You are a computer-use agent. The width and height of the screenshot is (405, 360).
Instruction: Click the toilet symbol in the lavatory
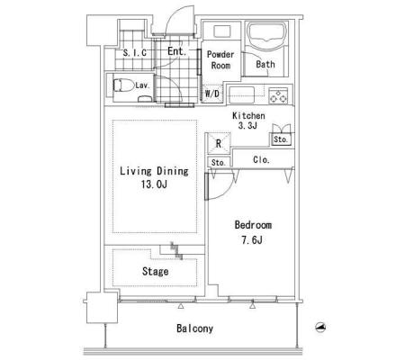pyautogui.click(x=123, y=85)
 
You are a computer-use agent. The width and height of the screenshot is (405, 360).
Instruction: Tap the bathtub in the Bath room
pyautogui.click(x=266, y=35)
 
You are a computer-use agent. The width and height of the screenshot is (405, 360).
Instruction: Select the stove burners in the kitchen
pyautogui.click(x=278, y=95)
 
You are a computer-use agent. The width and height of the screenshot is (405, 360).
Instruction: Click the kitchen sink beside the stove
pyautogui.click(x=242, y=95)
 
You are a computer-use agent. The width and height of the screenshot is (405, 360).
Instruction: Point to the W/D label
pyautogui.click(x=212, y=94)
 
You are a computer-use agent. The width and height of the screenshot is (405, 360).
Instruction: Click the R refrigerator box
pyautogui.click(x=219, y=143)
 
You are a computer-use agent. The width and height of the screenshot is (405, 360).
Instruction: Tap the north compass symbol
pyautogui.click(x=321, y=327)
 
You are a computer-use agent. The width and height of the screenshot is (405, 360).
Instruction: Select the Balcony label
pyautogui.click(x=195, y=328)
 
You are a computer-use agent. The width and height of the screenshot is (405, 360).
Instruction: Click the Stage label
pyautogui.click(x=155, y=272)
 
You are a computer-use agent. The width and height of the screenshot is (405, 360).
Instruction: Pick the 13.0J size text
pyautogui.click(x=154, y=184)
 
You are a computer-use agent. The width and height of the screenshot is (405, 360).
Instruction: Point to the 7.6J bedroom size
pyautogui.click(x=252, y=240)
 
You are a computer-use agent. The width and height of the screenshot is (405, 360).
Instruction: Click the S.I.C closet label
pyautogui.click(x=135, y=53)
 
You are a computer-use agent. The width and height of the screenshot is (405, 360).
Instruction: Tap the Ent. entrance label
pyautogui.click(x=177, y=51)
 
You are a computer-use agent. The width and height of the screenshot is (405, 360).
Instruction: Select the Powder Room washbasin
pyautogui.click(x=222, y=31)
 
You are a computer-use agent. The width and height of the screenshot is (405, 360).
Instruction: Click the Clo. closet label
pyautogui.click(x=261, y=159)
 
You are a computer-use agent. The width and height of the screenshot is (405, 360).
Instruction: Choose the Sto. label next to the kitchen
pyautogui.click(x=281, y=139)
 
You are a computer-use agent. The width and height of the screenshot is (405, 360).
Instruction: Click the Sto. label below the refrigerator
pyautogui.click(x=218, y=163)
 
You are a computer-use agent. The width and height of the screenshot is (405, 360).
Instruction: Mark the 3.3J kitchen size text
pyautogui.click(x=247, y=126)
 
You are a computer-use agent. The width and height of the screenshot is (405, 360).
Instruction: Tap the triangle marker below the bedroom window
pyautogui.click(x=252, y=306)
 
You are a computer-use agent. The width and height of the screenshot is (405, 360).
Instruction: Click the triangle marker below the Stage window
pyautogui.click(x=181, y=306)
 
